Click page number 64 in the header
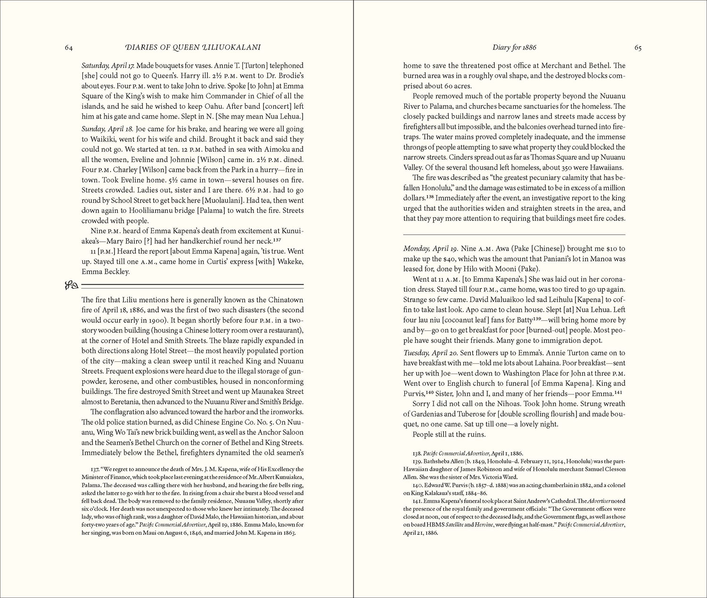point(68,48)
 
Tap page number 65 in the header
point(638,48)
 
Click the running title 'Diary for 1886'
point(514,48)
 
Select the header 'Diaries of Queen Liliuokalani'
point(188,48)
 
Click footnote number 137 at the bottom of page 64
point(94,469)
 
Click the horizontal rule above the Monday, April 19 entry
point(514,234)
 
